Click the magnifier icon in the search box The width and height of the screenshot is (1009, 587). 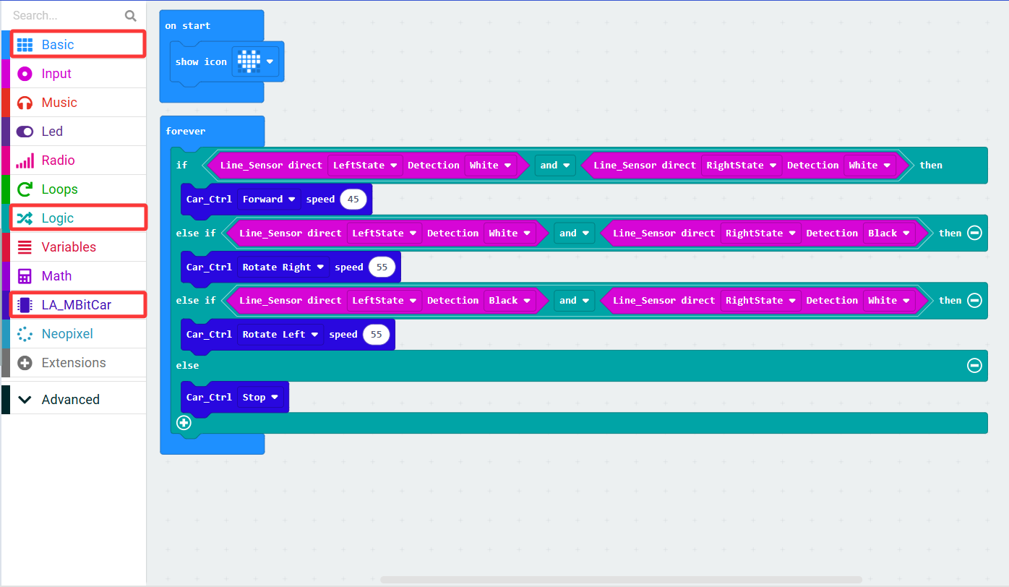[x=131, y=16]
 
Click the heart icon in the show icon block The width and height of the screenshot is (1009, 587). [x=249, y=61]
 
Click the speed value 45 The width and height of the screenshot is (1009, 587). [x=353, y=199]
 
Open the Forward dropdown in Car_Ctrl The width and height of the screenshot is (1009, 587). [x=268, y=199]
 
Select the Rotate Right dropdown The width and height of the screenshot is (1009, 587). [x=283, y=267]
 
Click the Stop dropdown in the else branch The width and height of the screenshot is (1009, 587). [x=260, y=397]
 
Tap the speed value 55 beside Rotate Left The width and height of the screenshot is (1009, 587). [x=376, y=334]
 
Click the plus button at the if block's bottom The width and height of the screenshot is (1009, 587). [x=184, y=423]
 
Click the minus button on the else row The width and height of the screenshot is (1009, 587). [x=974, y=365]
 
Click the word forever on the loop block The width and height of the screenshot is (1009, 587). [x=186, y=131]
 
